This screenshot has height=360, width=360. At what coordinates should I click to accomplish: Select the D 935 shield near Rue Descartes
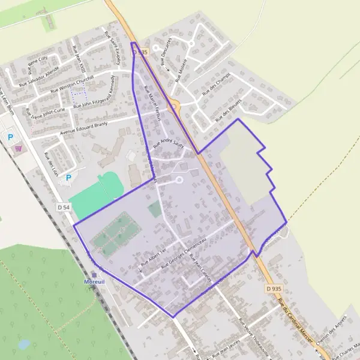140,53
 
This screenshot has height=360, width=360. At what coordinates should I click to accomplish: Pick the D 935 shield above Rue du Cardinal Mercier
273,289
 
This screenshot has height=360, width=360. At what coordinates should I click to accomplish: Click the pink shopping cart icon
19,148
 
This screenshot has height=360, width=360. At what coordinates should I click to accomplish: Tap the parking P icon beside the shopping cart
10,137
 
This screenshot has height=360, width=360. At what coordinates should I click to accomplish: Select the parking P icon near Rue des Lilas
68,178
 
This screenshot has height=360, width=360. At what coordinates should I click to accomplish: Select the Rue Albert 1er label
152,256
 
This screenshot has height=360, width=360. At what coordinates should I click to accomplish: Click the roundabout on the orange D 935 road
173,108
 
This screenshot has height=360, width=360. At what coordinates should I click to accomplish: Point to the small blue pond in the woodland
25,344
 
